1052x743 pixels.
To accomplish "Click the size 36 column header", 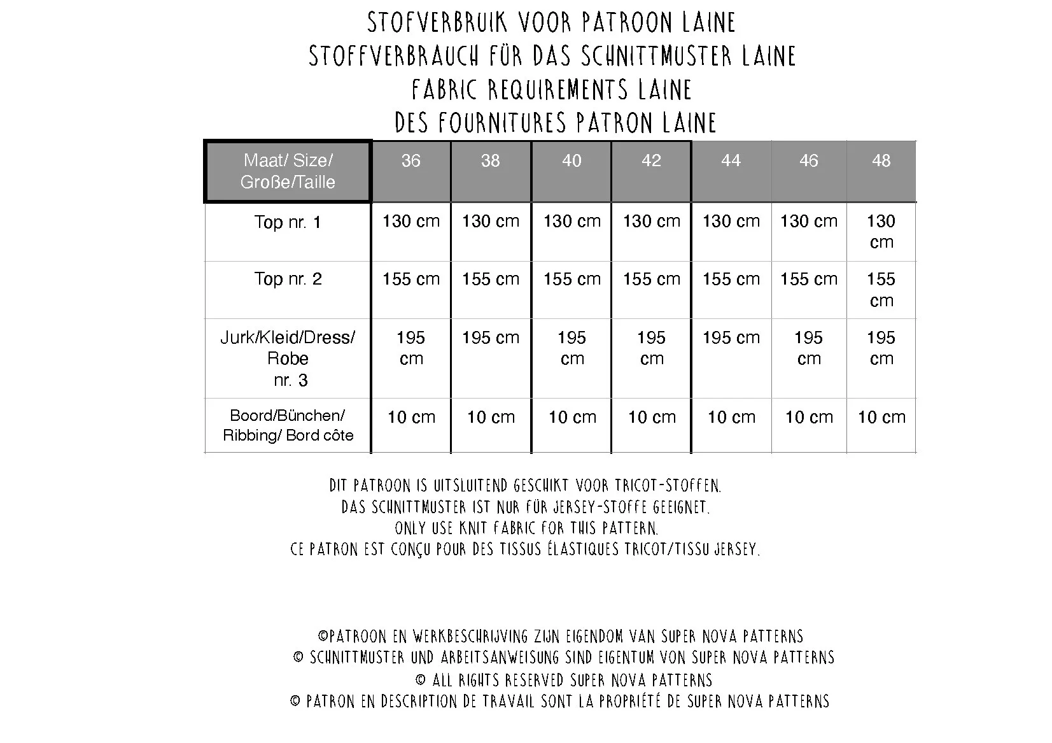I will [x=410, y=160].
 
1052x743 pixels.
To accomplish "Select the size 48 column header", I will [x=881, y=160].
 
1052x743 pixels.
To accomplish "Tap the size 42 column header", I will [x=651, y=160].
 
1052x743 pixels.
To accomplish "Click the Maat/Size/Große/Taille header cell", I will [x=288, y=171].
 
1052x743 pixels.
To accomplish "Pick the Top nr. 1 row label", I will [x=288, y=222].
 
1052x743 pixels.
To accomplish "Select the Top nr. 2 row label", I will [x=288, y=279].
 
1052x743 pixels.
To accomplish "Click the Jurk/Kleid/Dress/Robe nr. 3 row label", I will [x=288, y=358].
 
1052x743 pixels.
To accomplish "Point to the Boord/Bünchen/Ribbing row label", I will [x=288, y=425].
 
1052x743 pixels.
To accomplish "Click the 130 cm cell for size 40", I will [x=572, y=222].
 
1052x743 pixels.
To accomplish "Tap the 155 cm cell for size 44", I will [x=731, y=279].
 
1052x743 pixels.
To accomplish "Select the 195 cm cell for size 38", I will [x=490, y=337].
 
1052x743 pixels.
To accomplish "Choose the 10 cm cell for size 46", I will [x=808, y=418].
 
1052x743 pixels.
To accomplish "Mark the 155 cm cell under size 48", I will [x=881, y=290].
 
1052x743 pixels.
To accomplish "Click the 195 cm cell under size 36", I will [x=410, y=348].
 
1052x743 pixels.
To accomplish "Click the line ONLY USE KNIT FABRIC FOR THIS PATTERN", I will [x=526, y=528].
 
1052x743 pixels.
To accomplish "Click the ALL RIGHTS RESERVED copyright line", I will [x=564, y=680].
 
